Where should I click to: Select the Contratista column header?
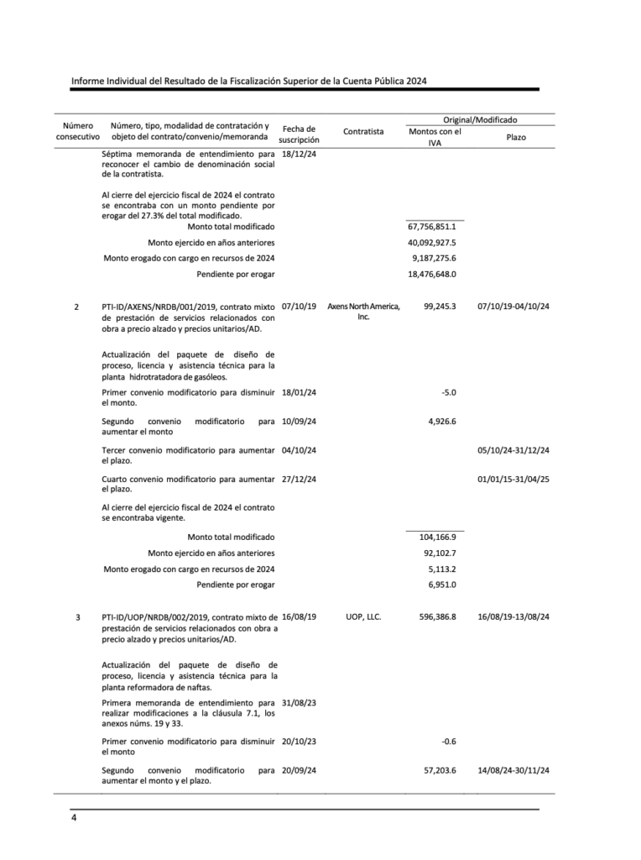tap(363, 131)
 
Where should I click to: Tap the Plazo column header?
tap(516, 136)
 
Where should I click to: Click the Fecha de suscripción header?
tap(299, 134)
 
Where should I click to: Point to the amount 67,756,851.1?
tap(432, 227)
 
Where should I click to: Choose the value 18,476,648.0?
tap(432, 274)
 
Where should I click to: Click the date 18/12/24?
tap(299, 154)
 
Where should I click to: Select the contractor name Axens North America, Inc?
tap(363, 312)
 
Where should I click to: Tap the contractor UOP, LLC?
tap(363, 616)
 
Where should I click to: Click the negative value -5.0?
tap(448, 392)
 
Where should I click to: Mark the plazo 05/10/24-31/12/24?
tap(513, 451)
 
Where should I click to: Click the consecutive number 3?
tap(78, 617)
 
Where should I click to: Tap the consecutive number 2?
tap(78, 307)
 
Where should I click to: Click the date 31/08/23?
tap(299, 703)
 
